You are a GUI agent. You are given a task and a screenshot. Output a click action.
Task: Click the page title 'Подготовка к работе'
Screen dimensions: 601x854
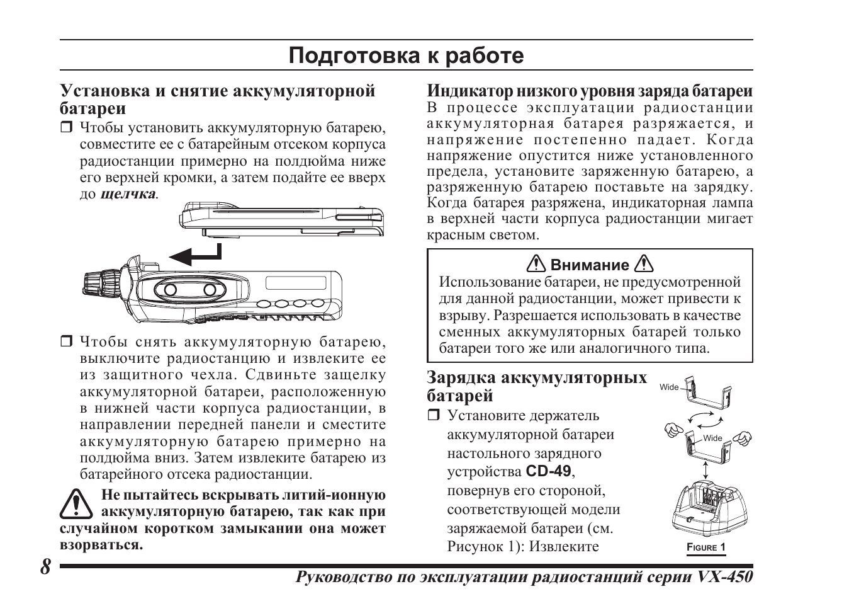click(x=406, y=56)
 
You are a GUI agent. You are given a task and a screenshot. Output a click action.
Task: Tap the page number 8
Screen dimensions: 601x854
click(x=45, y=566)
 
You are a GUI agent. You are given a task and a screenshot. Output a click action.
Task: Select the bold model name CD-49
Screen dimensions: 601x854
click(x=548, y=471)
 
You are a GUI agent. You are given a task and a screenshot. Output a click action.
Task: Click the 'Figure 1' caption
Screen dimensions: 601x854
click(x=705, y=547)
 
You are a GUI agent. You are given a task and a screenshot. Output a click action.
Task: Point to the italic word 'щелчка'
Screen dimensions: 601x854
click(x=128, y=194)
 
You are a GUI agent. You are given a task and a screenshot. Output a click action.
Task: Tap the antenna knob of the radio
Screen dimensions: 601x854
click(x=101, y=280)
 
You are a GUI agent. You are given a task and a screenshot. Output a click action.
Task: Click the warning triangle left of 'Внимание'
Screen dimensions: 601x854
click(x=537, y=264)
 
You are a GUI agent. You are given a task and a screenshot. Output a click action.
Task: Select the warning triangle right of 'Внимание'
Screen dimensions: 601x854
click(x=644, y=264)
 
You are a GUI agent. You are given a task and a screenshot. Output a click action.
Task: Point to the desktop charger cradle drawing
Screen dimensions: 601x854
click(x=707, y=508)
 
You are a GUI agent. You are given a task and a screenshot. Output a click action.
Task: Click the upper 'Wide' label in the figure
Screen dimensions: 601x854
click(x=669, y=387)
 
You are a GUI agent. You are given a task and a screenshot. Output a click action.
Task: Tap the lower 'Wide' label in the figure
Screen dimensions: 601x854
click(x=712, y=438)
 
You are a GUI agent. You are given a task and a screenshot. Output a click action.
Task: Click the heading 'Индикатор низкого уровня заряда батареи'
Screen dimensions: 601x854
click(x=590, y=91)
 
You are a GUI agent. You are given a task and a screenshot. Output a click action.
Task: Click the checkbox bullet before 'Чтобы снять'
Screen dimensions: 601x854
click(x=66, y=343)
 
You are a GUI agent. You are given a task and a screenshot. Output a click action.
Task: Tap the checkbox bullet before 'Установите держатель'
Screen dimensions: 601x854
click(x=433, y=416)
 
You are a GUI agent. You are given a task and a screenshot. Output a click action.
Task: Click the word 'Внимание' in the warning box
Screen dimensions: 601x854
click(x=590, y=265)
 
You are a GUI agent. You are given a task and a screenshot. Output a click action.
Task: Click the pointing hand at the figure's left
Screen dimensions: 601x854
click(x=673, y=432)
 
